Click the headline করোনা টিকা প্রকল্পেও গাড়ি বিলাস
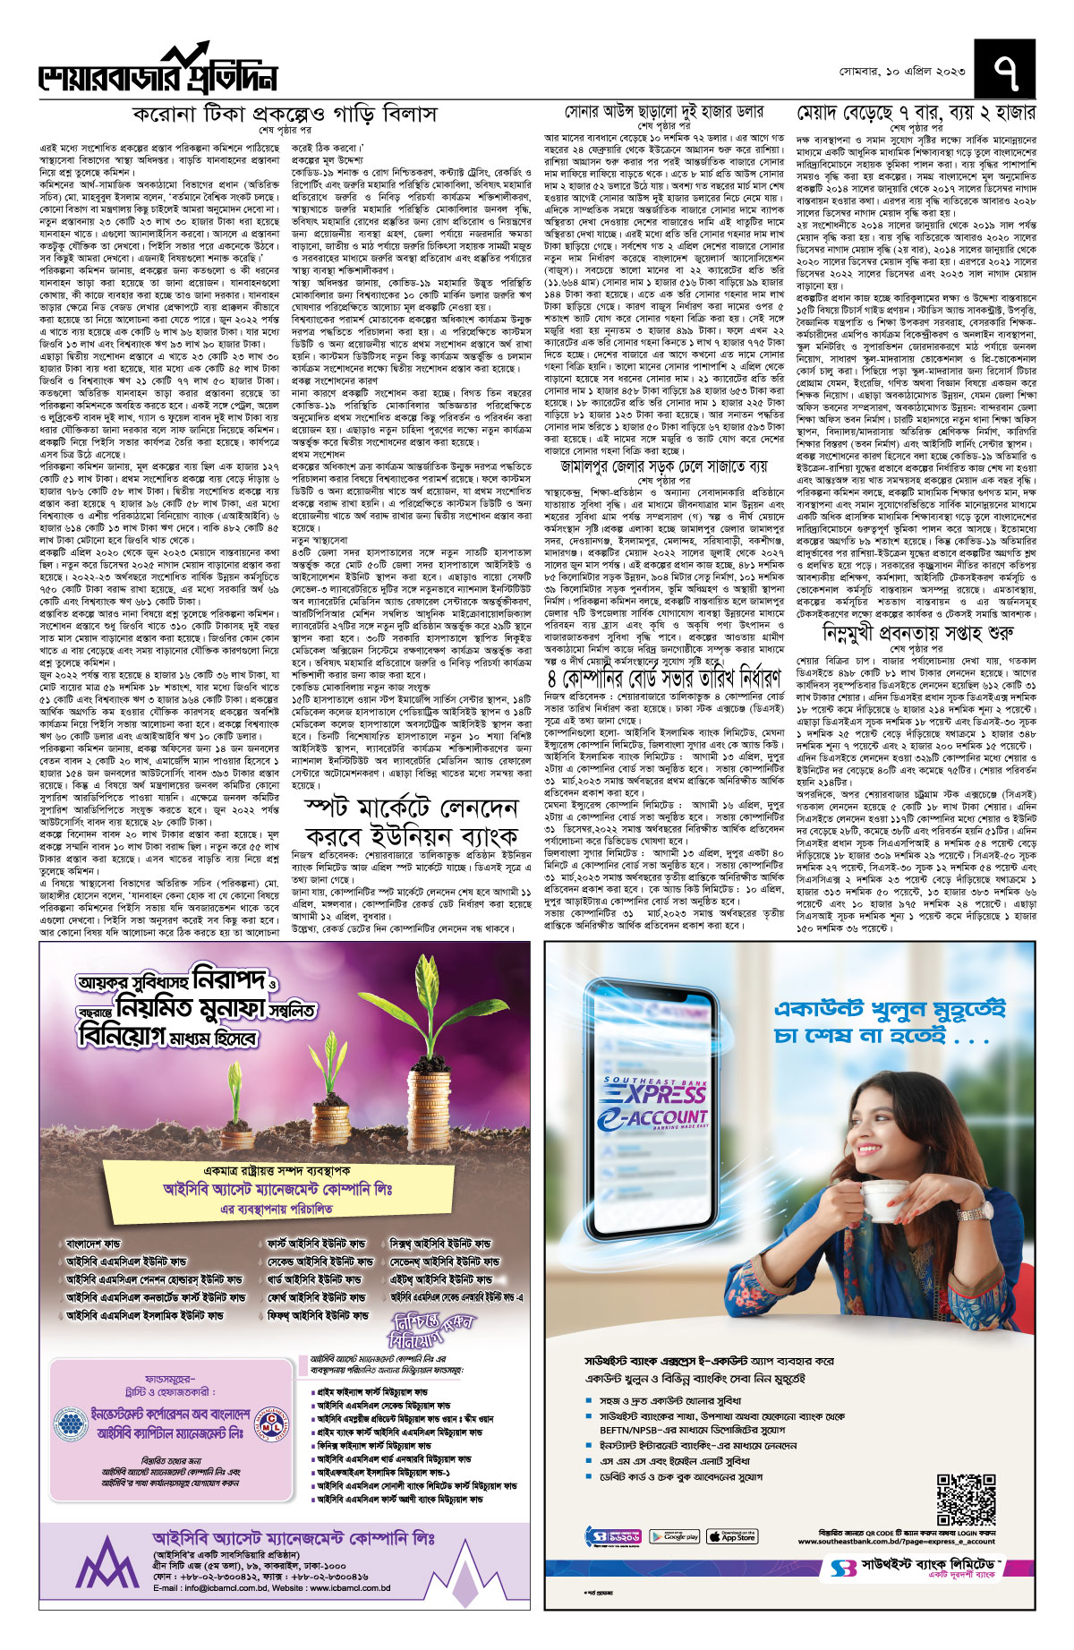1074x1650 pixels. click(x=284, y=115)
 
